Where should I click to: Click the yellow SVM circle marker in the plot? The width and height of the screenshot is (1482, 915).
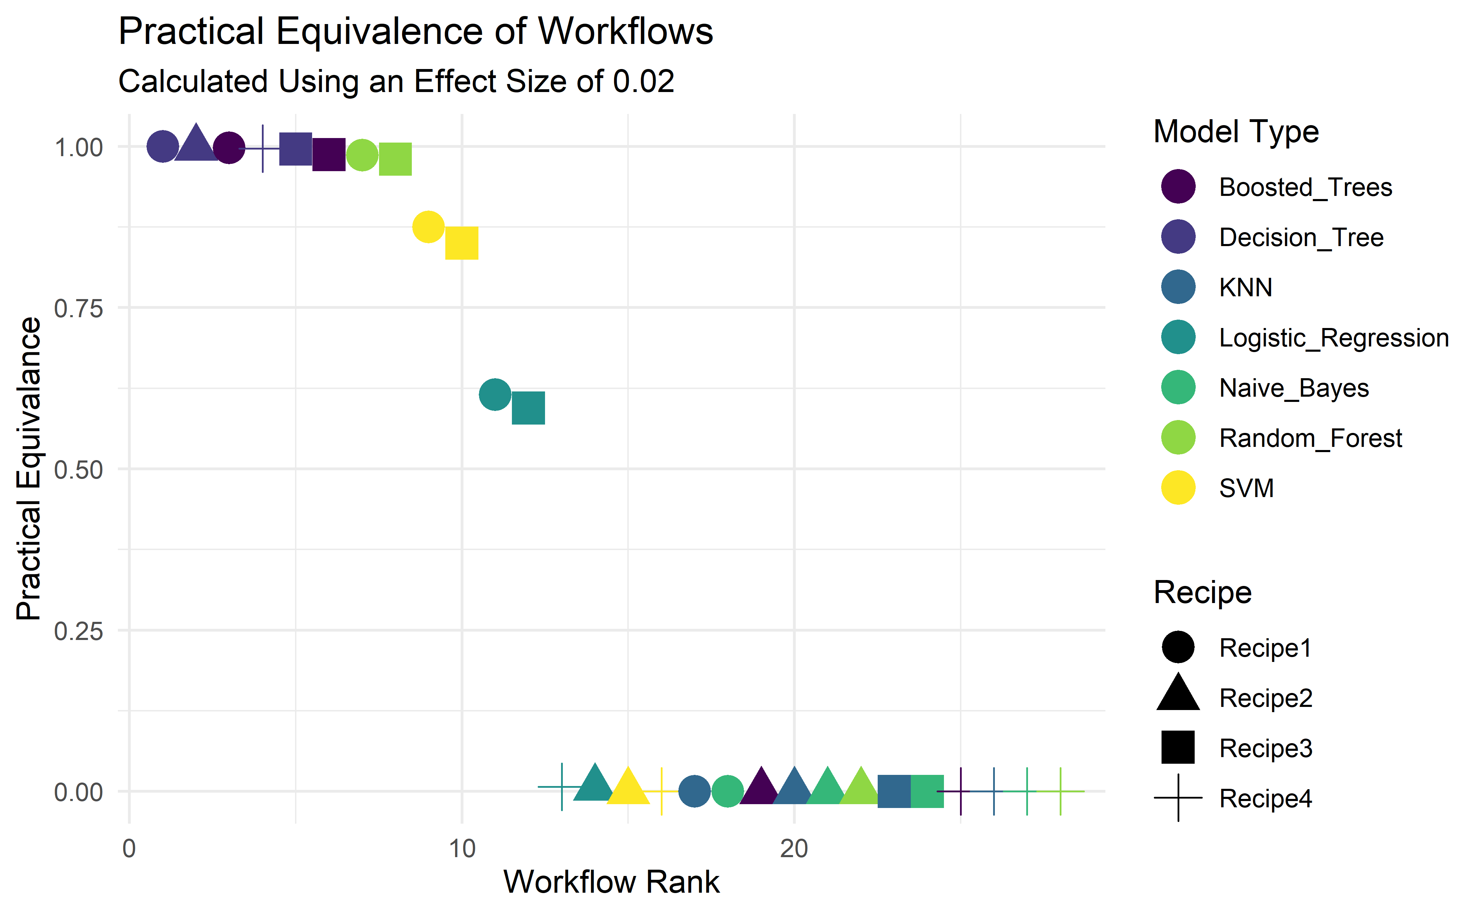428,227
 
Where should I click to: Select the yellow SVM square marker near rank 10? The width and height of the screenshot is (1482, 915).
462,243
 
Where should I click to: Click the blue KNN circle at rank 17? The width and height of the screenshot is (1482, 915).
694,791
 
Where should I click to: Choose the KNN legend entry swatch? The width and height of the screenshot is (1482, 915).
1178,287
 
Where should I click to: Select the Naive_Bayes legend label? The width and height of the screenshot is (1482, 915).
1294,388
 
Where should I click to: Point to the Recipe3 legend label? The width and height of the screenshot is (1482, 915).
1265,749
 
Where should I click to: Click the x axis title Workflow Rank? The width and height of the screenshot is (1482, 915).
611,882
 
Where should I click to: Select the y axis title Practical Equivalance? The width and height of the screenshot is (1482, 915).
29,468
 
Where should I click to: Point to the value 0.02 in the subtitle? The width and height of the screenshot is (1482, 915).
643,81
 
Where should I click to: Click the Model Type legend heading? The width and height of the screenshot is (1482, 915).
1236,132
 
